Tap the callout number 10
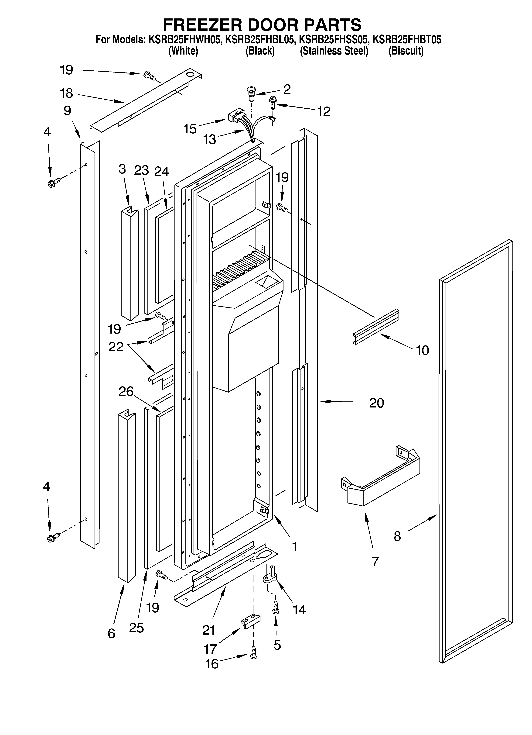[422, 350]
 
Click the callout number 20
[376, 403]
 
